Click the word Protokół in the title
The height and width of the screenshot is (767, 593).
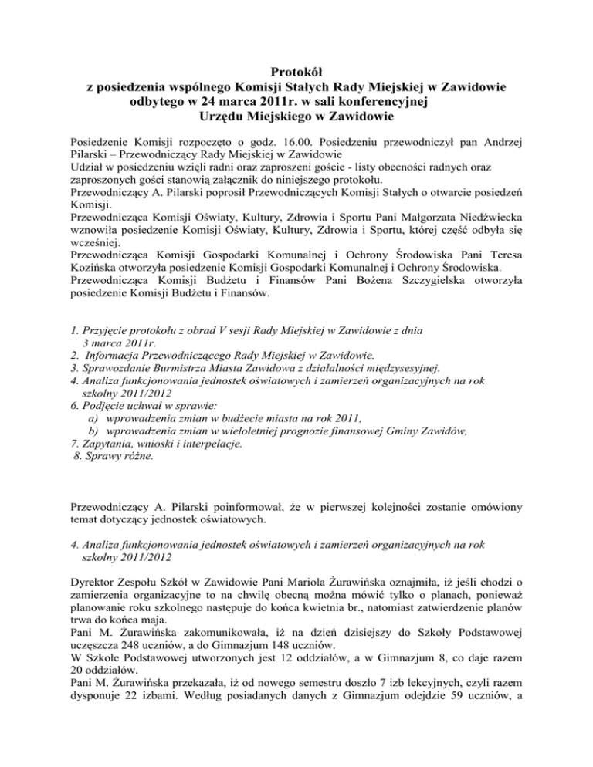tap(296, 73)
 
